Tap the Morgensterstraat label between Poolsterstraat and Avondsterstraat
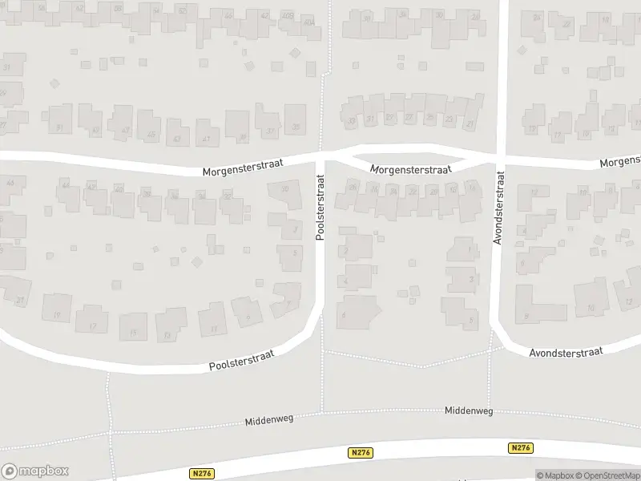[x=411, y=169]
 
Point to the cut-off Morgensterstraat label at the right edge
[x=620, y=163]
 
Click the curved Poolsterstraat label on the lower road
[x=241, y=361]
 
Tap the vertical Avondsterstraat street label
[x=498, y=208]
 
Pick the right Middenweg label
[x=469, y=411]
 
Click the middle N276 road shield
[x=360, y=453]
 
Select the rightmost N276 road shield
[x=520, y=448]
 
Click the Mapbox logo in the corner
[x=34, y=471]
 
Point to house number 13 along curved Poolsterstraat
[x=167, y=335]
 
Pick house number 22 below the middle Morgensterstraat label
[x=413, y=191]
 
